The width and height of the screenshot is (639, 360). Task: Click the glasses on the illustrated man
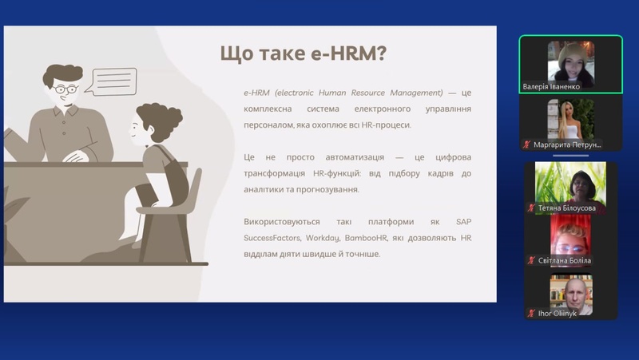pos(65,89)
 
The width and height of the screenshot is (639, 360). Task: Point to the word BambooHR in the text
pos(366,238)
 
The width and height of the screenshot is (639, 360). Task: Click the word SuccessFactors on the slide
pos(272,238)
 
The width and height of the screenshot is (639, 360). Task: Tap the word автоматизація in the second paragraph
pos(355,157)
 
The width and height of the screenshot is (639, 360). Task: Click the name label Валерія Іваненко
pos(551,86)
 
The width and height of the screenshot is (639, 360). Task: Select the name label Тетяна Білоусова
pos(566,208)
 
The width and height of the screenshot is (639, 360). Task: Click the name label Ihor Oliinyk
pos(557,313)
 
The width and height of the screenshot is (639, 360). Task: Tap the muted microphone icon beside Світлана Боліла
pos(531,260)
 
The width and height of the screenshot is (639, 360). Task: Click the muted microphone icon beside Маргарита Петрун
pos(526,144)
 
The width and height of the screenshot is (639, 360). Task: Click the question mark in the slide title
pos(382,53)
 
